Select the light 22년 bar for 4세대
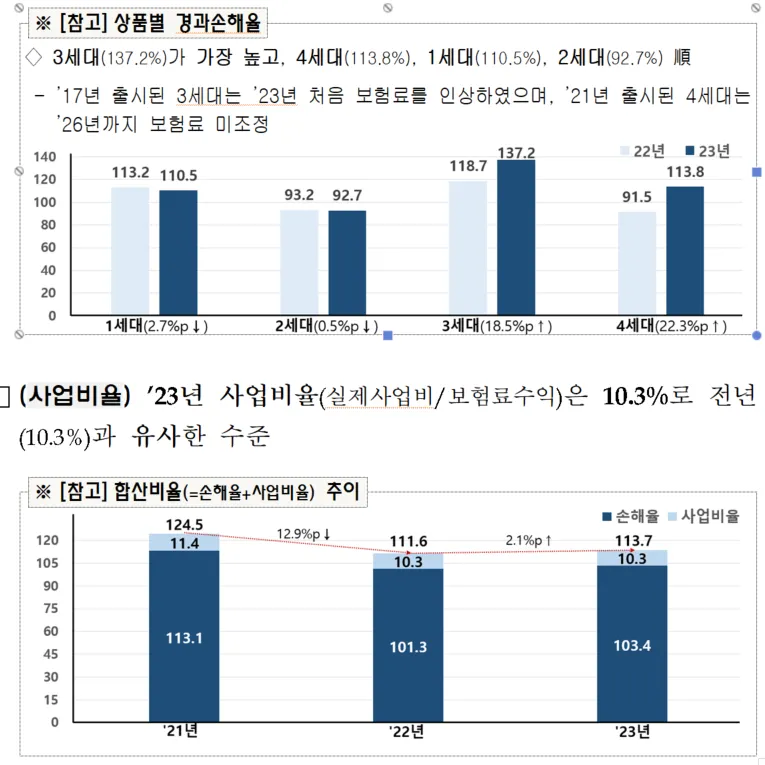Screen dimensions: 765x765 click(637, 263)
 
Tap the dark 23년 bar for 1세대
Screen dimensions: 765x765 click(178, 252)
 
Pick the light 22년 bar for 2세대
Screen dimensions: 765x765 click(299, 262)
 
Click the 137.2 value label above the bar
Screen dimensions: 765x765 click(517, 152)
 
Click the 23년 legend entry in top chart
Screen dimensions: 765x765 click(707, 150)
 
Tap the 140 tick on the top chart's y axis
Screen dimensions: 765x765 click(44, 157)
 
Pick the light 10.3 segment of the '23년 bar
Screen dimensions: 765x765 click(632, 558)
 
